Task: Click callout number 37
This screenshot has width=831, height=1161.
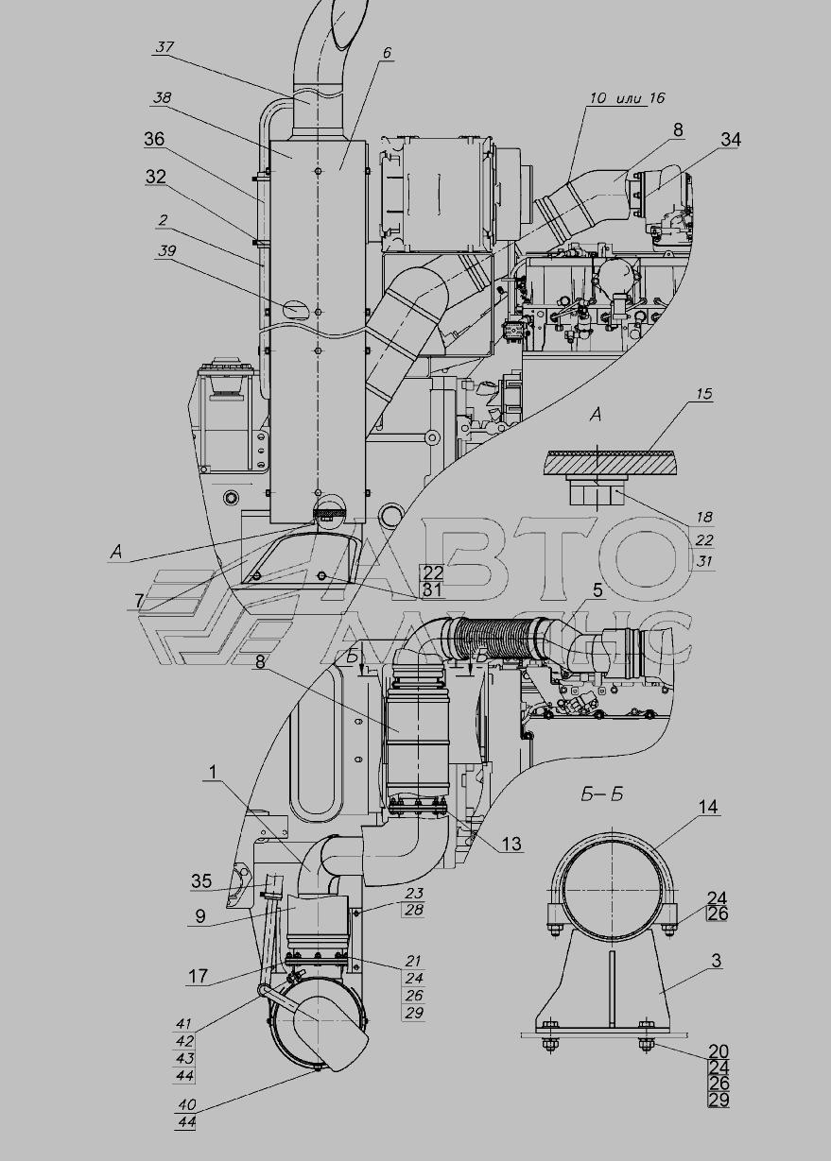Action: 164,47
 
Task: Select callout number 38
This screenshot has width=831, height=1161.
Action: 163,98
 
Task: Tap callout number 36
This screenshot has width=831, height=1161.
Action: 154,139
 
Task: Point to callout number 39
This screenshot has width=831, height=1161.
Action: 167,251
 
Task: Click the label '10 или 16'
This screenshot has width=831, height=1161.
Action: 627,98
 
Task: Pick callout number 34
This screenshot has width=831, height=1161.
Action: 731,139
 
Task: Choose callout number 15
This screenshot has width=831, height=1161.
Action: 704,393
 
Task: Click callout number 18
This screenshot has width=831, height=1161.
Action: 704,516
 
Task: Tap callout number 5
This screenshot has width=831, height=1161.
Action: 597,590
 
